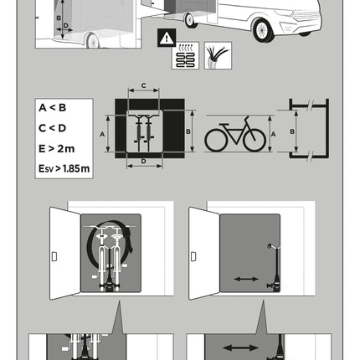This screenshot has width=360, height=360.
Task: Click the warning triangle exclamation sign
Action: click(167, 38)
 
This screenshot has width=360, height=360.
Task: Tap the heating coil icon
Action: click(185, 55)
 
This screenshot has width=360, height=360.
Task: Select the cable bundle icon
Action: click(218, 55)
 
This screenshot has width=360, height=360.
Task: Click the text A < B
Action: click(53, 108)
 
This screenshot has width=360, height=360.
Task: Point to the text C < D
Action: click(53, 128)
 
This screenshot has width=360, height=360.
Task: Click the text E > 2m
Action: click(57, 148)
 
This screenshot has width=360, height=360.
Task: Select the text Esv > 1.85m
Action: click(64, 168)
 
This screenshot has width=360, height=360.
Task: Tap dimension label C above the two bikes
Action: click(143, 85)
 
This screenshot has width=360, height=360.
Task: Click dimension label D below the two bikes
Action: click(143, 162)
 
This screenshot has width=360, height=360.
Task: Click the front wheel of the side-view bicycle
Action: click(255, 141)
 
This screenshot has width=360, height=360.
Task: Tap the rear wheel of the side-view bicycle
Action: click(216, 141)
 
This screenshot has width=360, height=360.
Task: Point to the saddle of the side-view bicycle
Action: click(224, 124)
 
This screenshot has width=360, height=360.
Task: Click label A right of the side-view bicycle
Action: click(273, 135)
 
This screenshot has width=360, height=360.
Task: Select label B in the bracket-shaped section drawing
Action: click(292, 131)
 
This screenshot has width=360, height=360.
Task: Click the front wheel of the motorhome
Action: click(262, 30)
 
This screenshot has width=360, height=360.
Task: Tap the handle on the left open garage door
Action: click(54, 256)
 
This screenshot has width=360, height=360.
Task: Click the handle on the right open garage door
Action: click(193, 256)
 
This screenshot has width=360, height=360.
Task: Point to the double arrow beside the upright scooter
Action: click(246, 279)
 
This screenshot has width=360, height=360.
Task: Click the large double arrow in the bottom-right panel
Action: click(240, 347)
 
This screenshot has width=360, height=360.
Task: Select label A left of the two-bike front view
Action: click(102, 135)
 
